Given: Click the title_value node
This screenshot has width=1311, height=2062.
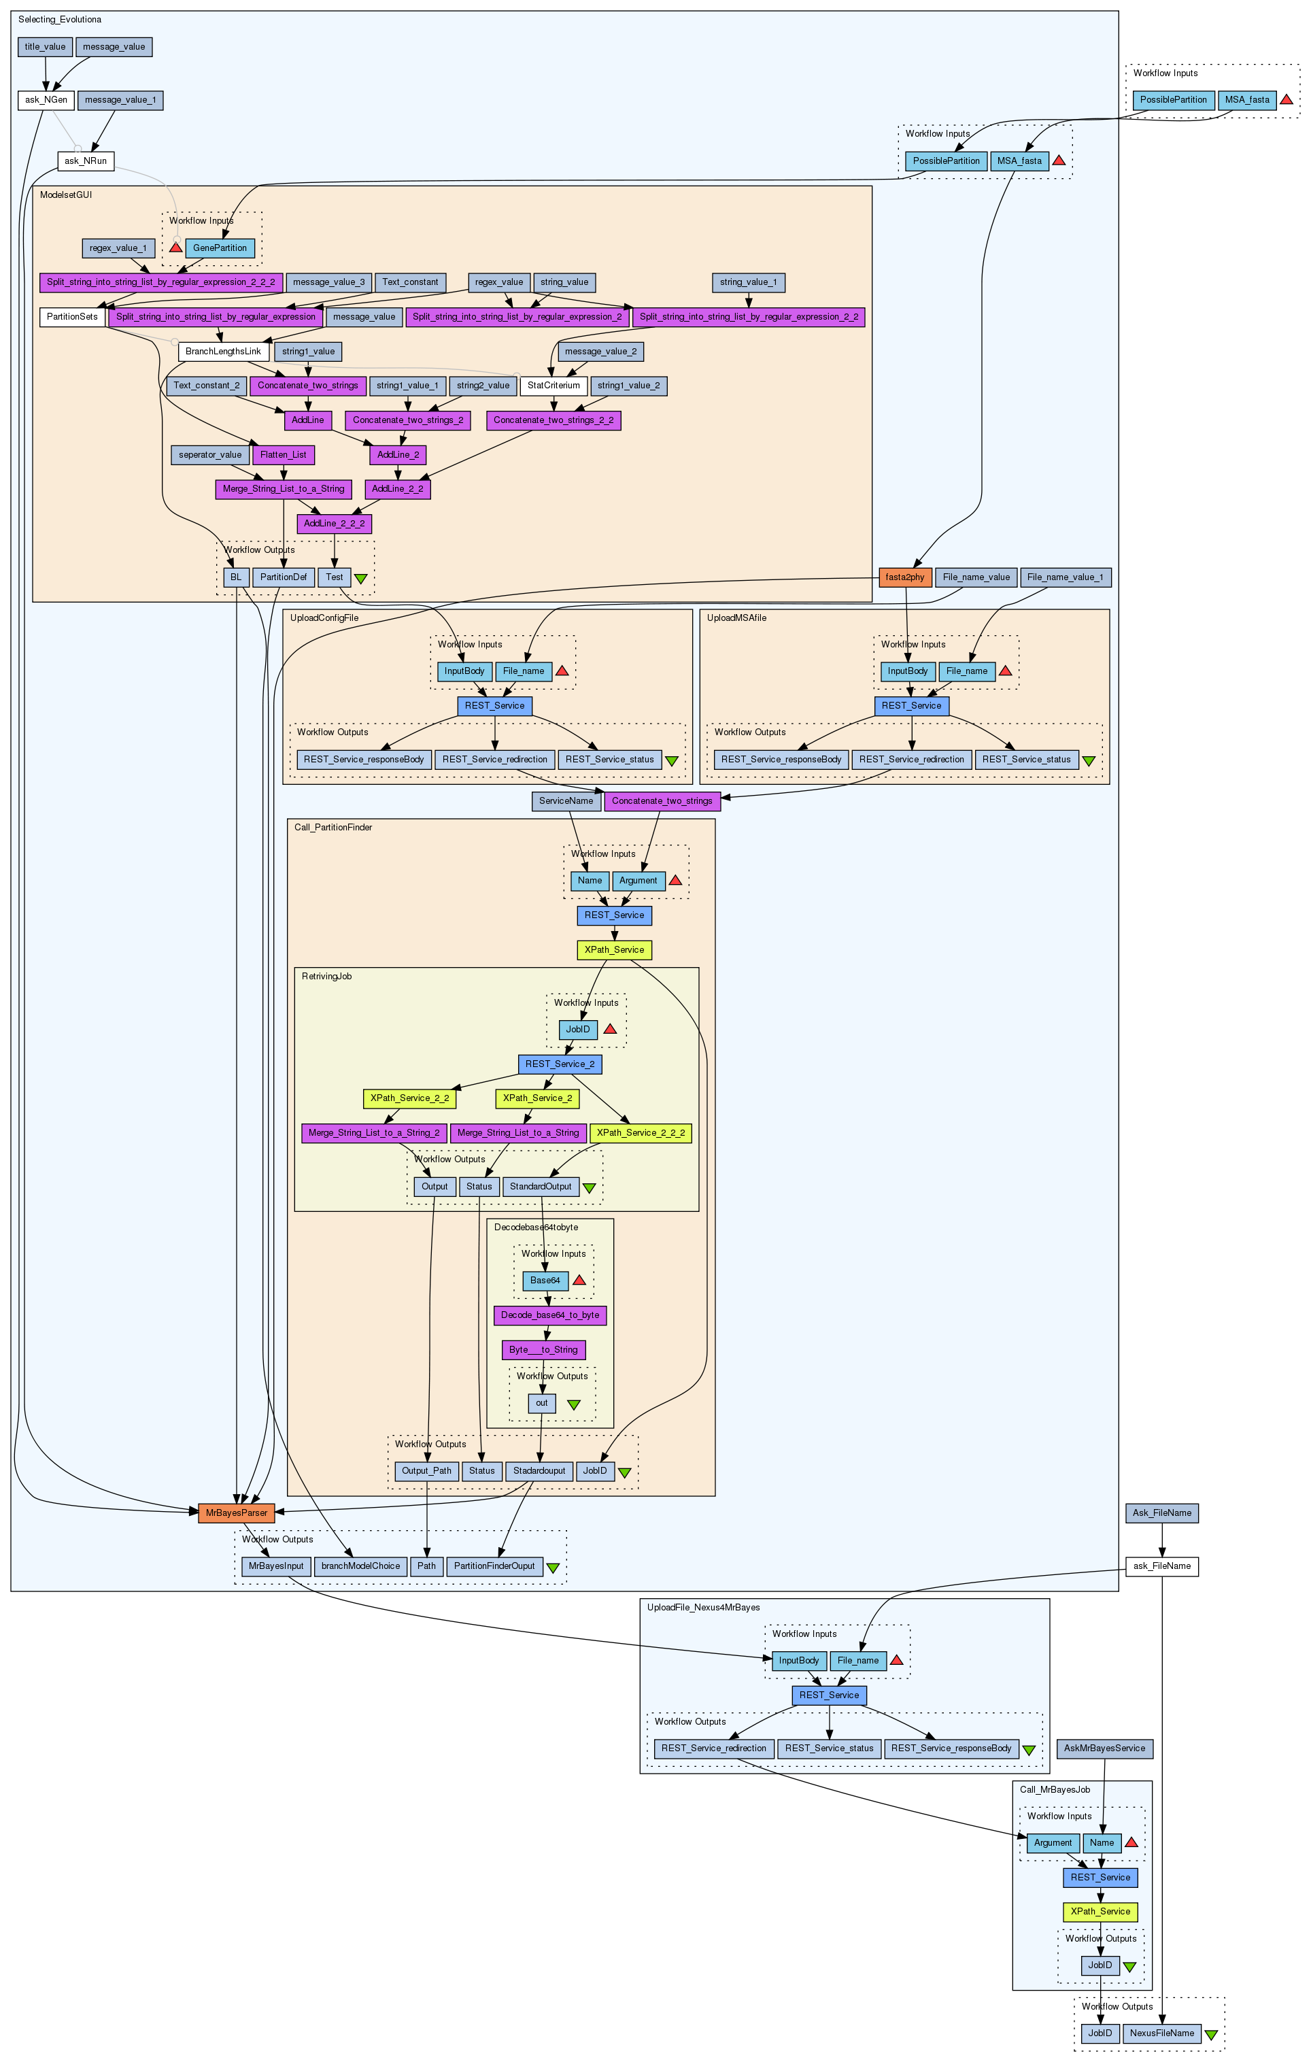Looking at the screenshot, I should (44, 47).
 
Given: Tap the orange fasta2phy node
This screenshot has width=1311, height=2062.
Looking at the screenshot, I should (905, 577).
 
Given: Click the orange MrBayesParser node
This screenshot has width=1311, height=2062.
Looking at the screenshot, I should (237, 1513).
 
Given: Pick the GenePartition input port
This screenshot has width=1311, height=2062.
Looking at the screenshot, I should (219, 248).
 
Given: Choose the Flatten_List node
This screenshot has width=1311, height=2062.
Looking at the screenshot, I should (283, 455).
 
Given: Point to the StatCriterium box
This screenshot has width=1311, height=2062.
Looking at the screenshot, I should (554, 386).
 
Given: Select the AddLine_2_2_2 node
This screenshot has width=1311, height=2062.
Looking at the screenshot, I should (334, 523).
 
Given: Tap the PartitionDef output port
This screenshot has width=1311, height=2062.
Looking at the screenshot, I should (283, 577).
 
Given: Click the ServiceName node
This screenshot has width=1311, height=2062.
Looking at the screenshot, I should (566, 800).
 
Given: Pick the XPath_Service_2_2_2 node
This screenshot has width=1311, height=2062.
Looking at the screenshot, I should (641, 1133).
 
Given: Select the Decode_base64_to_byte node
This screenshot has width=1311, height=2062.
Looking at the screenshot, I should (549, 1315).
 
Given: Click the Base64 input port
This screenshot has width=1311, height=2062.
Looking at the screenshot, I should (545, 1280).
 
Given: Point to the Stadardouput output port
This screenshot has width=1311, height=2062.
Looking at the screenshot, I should (539, 1471).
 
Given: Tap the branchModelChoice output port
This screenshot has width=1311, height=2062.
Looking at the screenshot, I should (360, 1566).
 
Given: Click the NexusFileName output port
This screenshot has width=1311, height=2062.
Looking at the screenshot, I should (1161, 2033).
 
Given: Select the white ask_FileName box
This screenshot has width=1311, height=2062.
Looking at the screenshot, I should (1161, 1566).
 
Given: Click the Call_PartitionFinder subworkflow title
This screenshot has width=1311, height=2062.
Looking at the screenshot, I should (333, 827).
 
